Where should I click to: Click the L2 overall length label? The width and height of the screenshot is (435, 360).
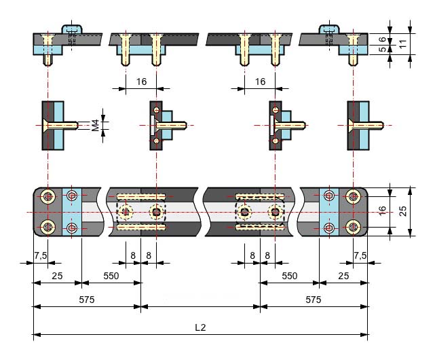coord(200,327)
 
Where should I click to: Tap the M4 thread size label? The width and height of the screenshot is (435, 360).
coord(96,125)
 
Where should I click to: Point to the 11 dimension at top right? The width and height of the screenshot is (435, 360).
coord(403,43)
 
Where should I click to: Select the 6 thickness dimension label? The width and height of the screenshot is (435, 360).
coord(383,39)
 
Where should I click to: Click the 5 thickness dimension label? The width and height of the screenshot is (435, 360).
coord(383,49)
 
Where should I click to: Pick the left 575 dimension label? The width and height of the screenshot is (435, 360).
coord(87,300)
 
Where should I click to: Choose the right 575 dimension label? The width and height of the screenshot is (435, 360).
coord(314,300)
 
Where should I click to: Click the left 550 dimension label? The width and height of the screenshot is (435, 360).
coord(111,276)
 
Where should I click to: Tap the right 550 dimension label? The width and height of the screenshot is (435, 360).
coord(289,276)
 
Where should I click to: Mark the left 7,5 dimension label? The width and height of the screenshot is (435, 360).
coord(41,255)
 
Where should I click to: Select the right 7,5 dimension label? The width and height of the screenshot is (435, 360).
coord(360,255)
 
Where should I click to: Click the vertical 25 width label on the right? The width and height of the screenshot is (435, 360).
coord(403,211)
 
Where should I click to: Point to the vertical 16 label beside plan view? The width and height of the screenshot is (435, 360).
coord(382,211)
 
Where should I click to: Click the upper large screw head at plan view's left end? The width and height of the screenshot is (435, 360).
coord(48,197)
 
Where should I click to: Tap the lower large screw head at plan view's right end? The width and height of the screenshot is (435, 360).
coord(353,228)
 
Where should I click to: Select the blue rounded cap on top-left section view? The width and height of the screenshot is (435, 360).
coord(71,29)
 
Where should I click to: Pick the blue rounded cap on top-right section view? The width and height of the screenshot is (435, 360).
coord(329,29)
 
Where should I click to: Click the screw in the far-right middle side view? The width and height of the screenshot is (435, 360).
coord(366,126)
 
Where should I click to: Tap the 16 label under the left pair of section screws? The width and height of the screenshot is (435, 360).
coord(141,82)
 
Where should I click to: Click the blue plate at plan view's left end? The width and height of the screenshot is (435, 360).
coord(72,212)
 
